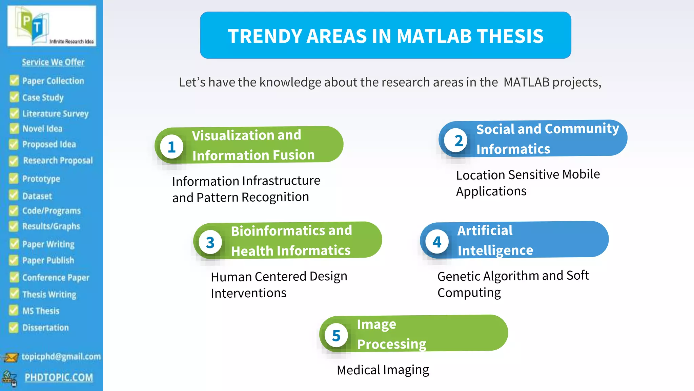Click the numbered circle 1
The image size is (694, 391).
click(171, 147)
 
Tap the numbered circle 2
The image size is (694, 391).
click(458, 141)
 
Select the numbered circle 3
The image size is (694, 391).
click(210, 242)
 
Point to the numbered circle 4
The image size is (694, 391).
click(437, 242)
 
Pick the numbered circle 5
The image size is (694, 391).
click(336, 336)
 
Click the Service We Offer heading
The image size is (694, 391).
click(53, 62)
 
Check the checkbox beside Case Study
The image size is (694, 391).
click(14, 97)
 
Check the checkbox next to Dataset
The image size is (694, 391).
click(14, 195)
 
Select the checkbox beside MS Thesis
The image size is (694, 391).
click(14, 310)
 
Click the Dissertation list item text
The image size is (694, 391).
click(45, 328)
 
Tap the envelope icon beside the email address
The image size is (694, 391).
click(11, 357)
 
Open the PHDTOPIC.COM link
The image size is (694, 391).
click(59, 377)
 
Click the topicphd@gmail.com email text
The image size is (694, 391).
click(61, 356)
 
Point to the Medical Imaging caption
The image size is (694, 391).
click(383, 370)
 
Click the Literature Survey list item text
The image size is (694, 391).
click(55, 113)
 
